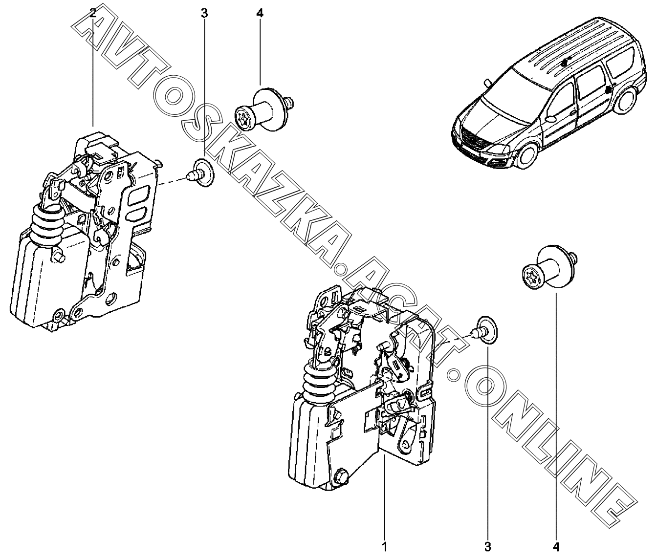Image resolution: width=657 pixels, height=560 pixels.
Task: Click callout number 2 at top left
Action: pos(93,13)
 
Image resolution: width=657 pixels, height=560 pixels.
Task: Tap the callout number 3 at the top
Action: pos(204,13)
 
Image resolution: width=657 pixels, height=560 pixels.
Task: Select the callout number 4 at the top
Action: pos(260,13)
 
